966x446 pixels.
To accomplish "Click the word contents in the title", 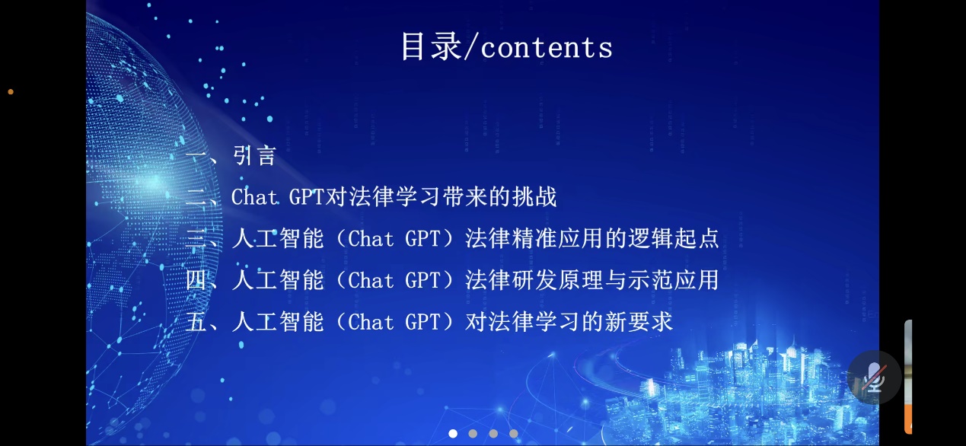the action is point(547,47).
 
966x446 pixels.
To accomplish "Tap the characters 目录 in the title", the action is point(431,46).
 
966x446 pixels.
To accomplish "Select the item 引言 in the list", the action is point(254,155).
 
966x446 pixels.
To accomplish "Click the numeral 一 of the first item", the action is point(196,156).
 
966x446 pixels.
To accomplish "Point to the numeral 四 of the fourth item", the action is point(196,280).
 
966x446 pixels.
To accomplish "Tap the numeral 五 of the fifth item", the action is point(196,322).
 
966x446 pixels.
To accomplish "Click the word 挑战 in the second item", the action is point(534,197).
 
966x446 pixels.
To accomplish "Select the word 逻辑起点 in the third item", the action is point(673,238).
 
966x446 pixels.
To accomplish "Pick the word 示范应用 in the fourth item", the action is point(673,280).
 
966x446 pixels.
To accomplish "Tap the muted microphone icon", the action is point(874,378).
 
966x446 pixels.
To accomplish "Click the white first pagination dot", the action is point(453,434).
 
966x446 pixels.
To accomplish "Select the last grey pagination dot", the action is point(513,434).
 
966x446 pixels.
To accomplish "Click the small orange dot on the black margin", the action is point(11,92).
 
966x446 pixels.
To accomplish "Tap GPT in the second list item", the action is point(306,197).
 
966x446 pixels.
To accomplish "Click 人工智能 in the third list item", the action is point(278,238).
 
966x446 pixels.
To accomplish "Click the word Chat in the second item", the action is point(255,197).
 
